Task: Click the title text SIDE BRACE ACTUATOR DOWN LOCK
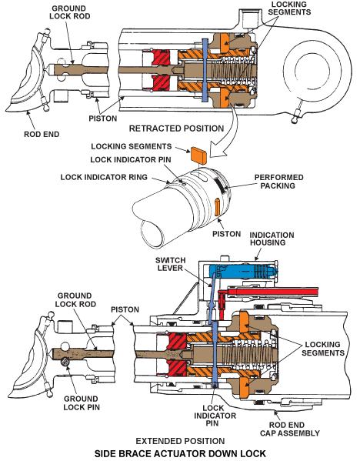tap(180, 454)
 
